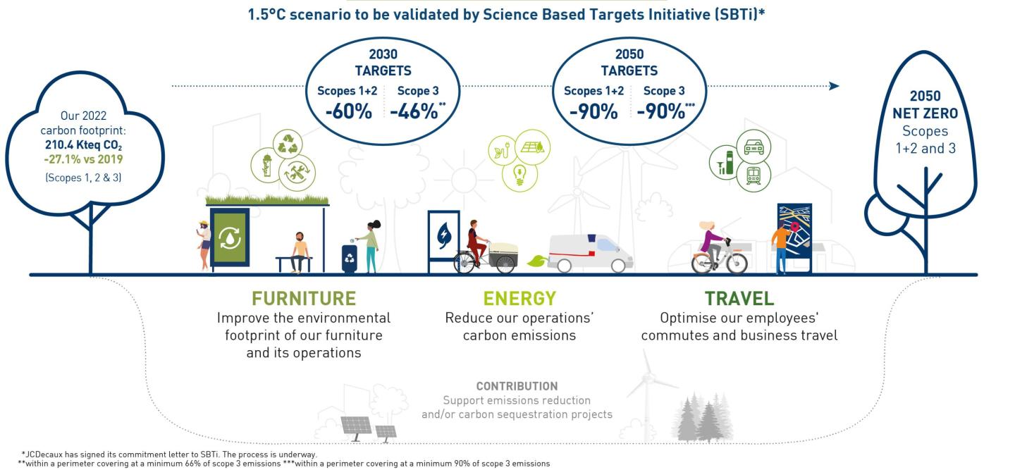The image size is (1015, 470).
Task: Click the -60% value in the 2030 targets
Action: click(x=348, y=111)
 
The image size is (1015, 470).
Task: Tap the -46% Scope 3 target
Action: click(x=414, y=111)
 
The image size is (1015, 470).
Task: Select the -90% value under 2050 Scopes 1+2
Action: click(x=593, y=111)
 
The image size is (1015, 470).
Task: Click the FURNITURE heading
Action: click(x=304, y=298)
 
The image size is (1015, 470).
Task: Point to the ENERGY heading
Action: click(x=519, y=298)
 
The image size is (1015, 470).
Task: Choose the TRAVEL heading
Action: click(x=739, y=298)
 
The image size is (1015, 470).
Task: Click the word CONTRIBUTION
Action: click(x=517, y=386)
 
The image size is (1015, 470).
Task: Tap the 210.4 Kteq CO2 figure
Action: click(x=83, y=145)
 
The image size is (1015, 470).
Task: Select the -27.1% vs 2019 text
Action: click(x=83, y=159)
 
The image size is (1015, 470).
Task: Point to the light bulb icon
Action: click(x=519, y=174)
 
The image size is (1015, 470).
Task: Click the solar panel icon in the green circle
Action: click(x=532, y=147)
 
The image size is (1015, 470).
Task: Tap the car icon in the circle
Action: click(x=753, y=147)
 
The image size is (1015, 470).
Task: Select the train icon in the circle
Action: click(x=753, y=175)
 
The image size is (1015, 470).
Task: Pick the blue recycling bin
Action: click(x=350, y=259)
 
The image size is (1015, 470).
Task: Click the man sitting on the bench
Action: click(x=299, y=252)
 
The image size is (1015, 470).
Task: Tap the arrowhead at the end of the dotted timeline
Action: click(x=835, y=85)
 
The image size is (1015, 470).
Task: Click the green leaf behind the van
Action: click(x=537, y=261)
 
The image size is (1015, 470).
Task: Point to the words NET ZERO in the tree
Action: click(x=925, y=113)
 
